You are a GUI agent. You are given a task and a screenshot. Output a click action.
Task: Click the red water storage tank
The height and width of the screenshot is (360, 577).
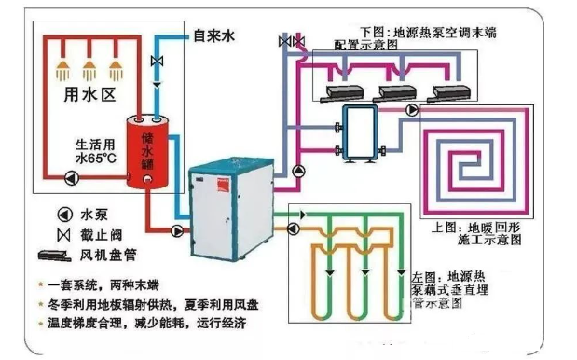[x=145, y=151]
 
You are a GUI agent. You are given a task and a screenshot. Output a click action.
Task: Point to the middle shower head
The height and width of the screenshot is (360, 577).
[x=90, y=67]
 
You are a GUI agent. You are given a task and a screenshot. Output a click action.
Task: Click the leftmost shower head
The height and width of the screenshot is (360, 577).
[x=63, y=67]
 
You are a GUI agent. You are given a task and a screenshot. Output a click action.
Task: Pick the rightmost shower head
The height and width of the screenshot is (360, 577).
[x=117, y=67]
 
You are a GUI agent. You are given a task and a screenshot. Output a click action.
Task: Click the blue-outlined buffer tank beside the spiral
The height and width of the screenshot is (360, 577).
[x=358, y=134]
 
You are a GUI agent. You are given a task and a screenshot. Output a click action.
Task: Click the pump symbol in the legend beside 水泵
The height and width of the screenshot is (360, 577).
[x=64, y=213]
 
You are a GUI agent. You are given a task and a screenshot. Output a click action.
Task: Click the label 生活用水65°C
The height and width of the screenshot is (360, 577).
[x=97, y=152]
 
